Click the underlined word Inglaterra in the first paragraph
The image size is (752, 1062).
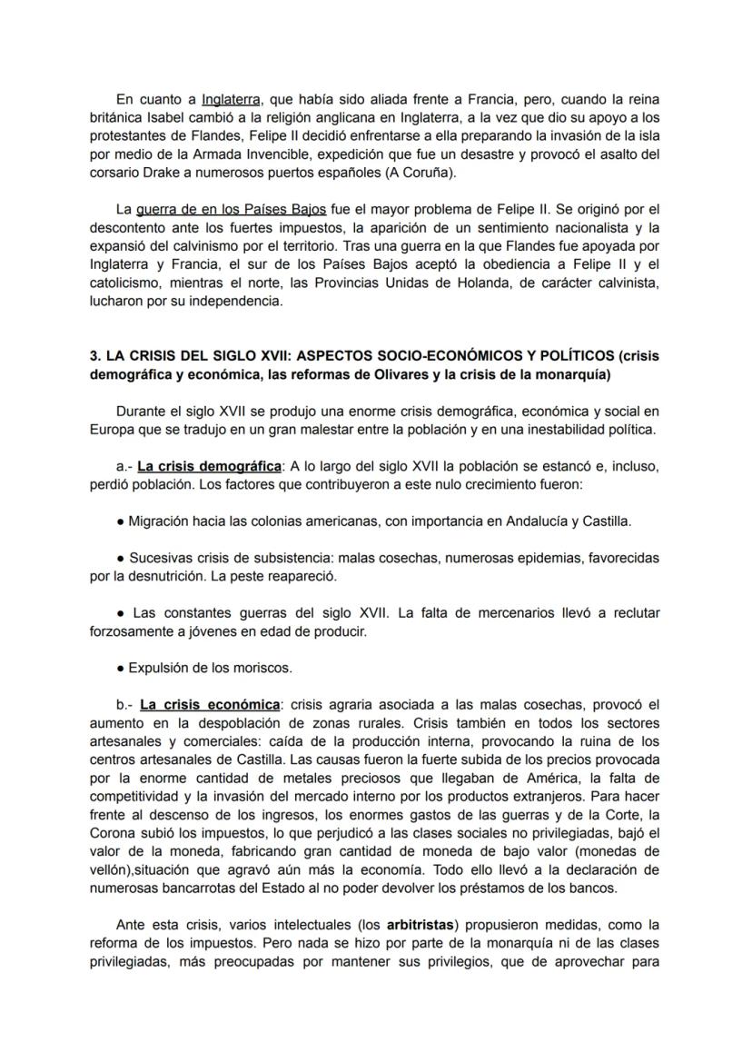(231, 99)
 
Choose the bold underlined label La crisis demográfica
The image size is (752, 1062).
(209, 466)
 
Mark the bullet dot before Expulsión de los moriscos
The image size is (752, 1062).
(120, 668)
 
